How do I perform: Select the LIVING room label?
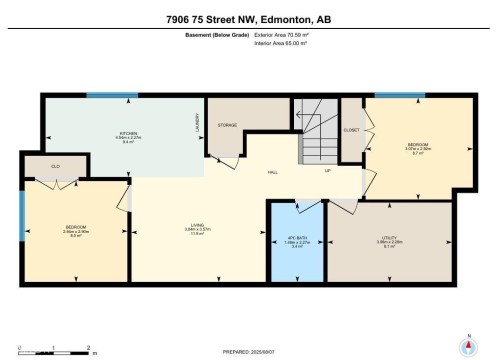[197, 228]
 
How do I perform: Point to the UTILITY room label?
[389, 241]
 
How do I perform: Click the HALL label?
[273, 171]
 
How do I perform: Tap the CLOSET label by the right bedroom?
[351, 130]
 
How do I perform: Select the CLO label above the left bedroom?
[43, 166]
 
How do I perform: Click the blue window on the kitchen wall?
[111, 96]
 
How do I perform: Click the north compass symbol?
[465, 346]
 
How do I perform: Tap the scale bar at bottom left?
[55, 350]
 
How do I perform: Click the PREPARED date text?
[250, 352]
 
